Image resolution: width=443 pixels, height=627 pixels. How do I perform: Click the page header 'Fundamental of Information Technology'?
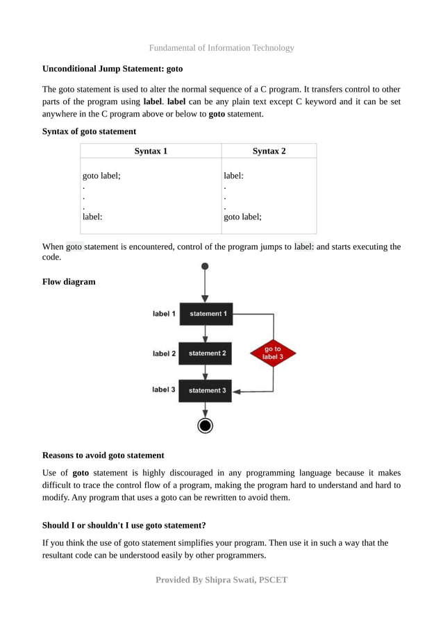221,48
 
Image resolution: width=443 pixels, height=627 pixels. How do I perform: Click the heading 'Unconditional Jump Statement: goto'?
112,69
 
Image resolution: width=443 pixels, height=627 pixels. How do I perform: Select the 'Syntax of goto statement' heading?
89,131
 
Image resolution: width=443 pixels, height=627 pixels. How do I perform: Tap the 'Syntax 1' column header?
151,151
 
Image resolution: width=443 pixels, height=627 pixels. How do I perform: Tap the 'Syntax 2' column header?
269,151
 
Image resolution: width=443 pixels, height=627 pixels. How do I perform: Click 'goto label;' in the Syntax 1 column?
101,176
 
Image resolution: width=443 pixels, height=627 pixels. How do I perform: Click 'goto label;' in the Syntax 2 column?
242,217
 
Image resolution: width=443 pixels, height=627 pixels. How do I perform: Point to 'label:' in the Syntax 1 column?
93,217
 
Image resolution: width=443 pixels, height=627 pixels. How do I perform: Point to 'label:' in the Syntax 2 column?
233,176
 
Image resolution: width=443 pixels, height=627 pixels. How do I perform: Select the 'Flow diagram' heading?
69,282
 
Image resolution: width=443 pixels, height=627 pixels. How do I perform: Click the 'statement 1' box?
206,314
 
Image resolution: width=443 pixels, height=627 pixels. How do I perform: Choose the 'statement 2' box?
206,353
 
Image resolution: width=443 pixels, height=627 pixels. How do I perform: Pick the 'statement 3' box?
206,390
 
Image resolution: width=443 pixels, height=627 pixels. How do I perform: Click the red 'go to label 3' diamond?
273,353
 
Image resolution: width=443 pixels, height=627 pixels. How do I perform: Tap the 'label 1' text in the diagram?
164,314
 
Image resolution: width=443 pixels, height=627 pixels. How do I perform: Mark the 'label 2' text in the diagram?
164,353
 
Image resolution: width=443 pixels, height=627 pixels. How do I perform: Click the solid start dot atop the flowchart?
205,266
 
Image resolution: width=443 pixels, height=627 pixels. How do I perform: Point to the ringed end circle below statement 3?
205,426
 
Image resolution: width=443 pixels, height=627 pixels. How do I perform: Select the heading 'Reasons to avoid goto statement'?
103,455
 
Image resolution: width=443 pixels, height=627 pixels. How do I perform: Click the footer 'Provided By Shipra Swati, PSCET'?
221,579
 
